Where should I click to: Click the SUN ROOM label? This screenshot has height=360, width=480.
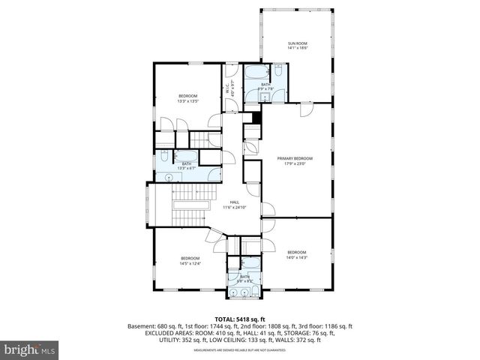click(x=298, y=43)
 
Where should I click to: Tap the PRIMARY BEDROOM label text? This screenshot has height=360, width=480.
click(x=294, y=158)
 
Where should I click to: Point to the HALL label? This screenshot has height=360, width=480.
click(x=234, y=202)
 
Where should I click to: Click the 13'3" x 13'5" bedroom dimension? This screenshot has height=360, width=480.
click(x=187, y=100)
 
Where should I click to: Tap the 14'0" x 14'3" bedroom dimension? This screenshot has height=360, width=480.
click(x=296, y=257)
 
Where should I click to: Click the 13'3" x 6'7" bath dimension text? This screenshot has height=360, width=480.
click(x=186, y=168)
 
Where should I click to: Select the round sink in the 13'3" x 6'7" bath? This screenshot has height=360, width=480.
click(x=169, y=177)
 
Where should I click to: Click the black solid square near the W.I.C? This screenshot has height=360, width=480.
click(x=256, y=117)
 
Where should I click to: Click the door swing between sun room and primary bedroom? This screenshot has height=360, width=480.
click(x=305, y=109)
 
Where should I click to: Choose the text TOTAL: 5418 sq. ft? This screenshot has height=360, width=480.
click(x=239, y=319)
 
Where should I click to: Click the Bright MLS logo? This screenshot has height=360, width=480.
click(x=30, y=349)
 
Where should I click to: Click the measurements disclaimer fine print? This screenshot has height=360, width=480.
click(x=240, y=349)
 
